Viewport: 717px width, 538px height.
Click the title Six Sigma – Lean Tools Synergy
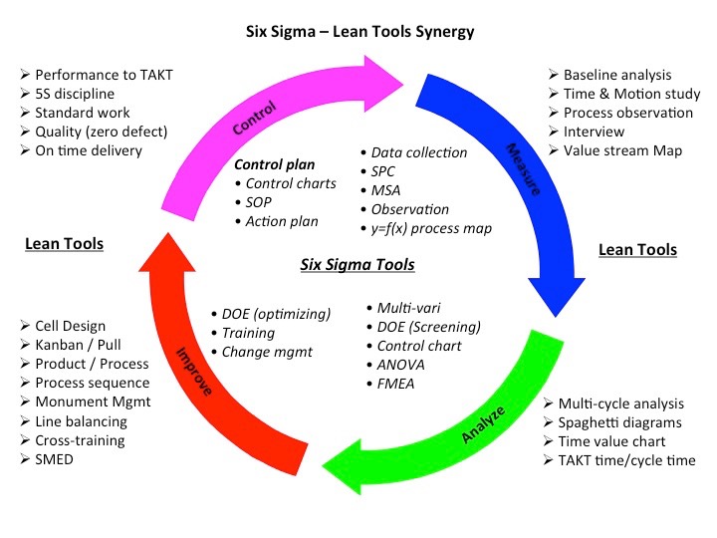360,31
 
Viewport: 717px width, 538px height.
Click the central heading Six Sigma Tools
358,265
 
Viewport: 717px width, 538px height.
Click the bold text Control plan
274,164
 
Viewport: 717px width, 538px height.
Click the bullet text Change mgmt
266,352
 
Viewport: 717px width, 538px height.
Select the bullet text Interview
595,132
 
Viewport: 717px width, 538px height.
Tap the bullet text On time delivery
89,150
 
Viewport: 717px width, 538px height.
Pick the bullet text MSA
385,190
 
